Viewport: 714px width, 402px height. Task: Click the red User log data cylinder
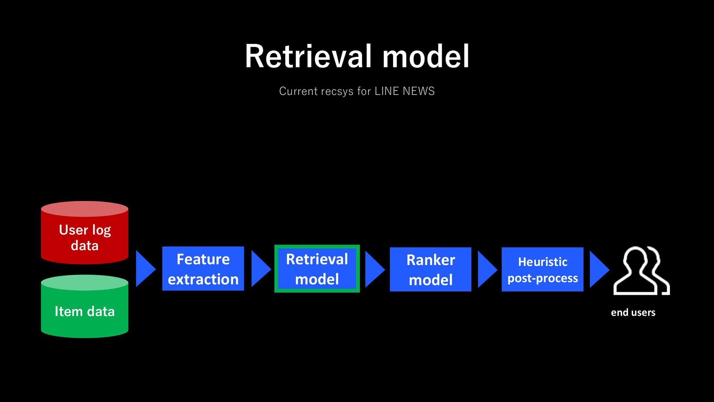pos(84,233)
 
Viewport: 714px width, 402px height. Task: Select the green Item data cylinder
pos(84,306)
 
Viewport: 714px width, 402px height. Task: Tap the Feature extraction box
pos(203,268)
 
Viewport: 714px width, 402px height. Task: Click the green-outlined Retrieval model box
pos(317,268)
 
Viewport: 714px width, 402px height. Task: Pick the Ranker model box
pos(431,269)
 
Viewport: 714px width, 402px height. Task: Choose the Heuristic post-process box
pos(543,269)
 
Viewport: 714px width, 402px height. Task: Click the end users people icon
pos(641,271)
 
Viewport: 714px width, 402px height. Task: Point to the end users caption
pos(633,312)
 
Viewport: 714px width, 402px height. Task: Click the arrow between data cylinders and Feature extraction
pos(146,269)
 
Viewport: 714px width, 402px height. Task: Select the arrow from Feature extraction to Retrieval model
pos(261,269)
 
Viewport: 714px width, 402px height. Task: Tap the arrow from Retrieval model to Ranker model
pos(375,269)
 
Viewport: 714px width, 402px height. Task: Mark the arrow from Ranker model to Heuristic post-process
pos(488,269)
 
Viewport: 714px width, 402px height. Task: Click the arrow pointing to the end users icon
pos(599,269)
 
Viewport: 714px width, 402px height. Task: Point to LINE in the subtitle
pos(387,91)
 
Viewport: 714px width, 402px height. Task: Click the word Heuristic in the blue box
pos(543,262)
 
